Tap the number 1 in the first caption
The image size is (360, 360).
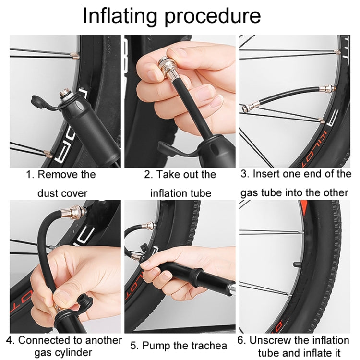(28, 174)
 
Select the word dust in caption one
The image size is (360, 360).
(49, 193)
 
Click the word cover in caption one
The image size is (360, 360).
(75, 193)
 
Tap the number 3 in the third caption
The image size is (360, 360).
(244, 174)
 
